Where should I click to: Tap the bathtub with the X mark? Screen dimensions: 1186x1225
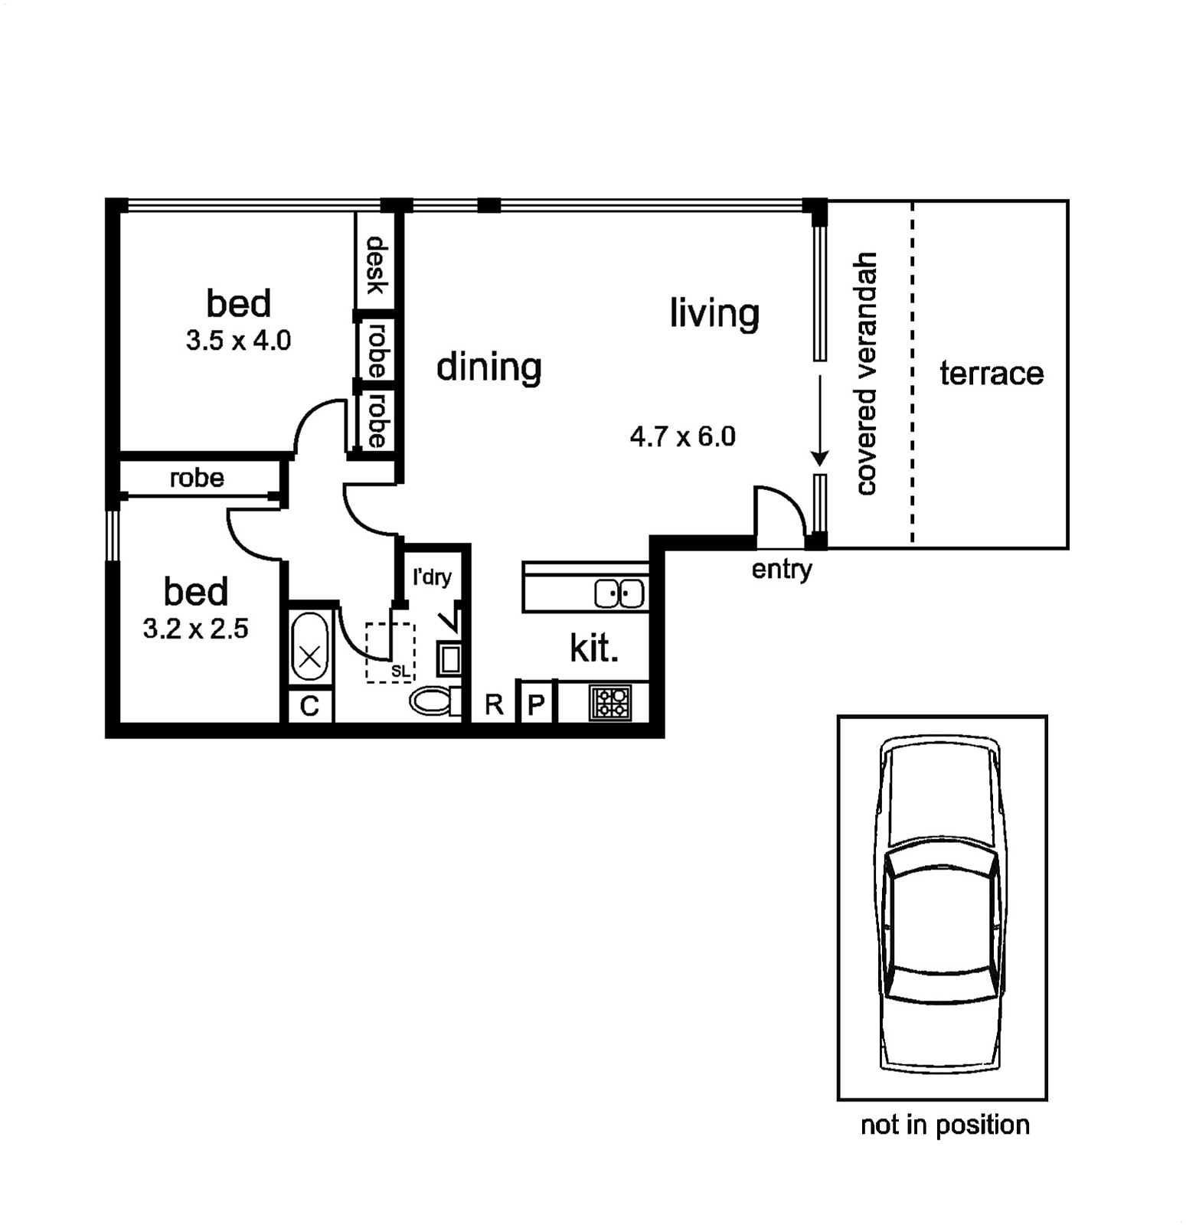tap(310, 647)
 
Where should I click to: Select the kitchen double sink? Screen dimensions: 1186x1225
tap(619, 594)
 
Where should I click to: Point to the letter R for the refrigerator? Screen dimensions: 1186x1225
tap(494, 704)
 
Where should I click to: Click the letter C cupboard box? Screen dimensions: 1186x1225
tap(310, 706)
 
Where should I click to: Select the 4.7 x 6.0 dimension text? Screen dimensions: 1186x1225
tap(682, 436)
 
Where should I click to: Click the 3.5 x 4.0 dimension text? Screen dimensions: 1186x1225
tap(238, 341)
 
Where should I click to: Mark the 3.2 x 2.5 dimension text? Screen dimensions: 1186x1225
tap(195, 629)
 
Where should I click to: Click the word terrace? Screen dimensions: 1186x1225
tap(992, 374)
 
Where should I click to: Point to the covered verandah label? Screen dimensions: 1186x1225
tap(865, 374)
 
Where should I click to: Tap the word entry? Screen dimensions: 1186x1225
tap(782, 570)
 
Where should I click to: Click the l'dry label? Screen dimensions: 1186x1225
tap(432, 577)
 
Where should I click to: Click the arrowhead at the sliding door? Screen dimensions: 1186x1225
tap(820, 459)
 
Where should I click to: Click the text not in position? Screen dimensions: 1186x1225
tap(945, 1125)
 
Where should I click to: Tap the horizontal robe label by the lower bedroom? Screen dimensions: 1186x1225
tap(197, 478)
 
